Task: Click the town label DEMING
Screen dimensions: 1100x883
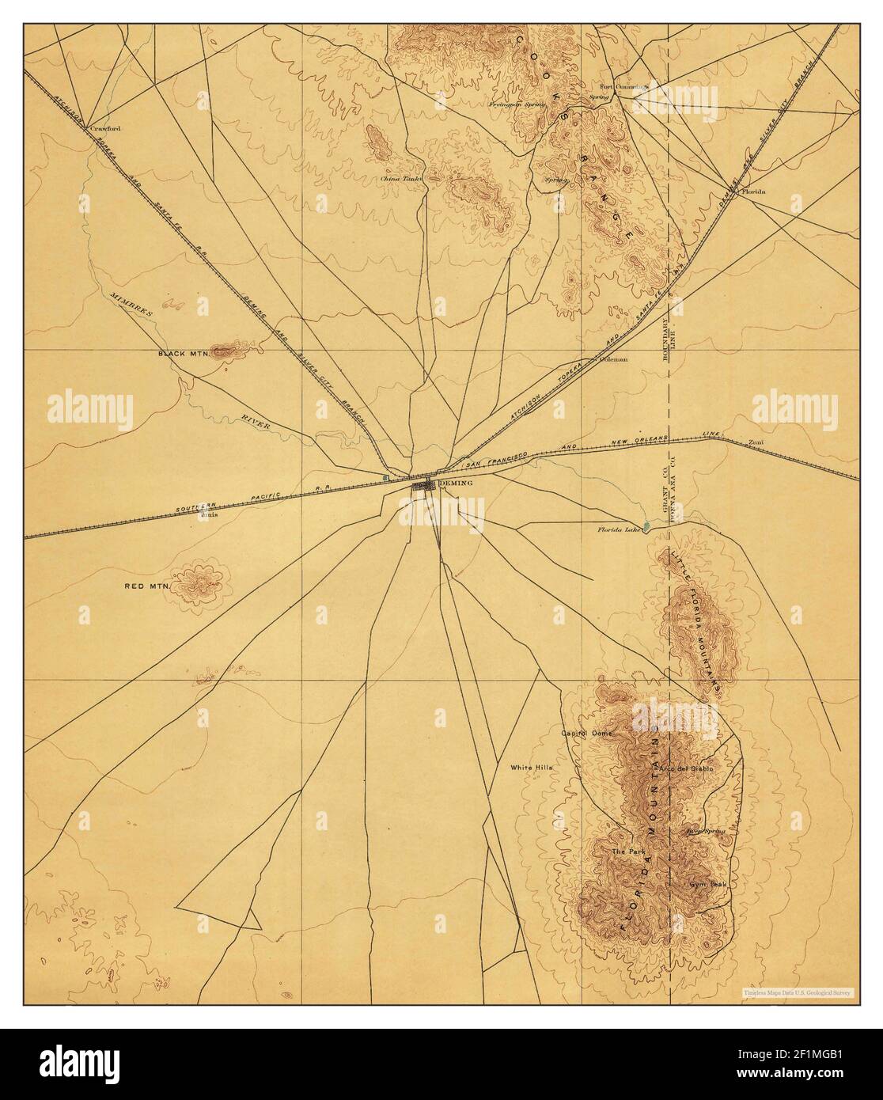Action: pyautogui.click(x=456, y=482)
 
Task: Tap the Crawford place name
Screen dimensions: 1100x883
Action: pyautogui.click(x=107, y=127)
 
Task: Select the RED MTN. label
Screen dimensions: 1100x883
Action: pyautogui.click(x=147, y=586)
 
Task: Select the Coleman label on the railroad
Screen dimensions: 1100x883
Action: pyautogui.click(x=614, y=358)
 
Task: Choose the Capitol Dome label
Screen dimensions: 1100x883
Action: pyautogui.click(x=586, y=734)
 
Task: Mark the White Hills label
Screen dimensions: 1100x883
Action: pyautogui.click(x=531, y=768)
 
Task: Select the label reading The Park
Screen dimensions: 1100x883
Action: pyautogui.click(x=629, y=852)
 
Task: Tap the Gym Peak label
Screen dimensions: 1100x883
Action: pyautogui.click(x=702, y=884)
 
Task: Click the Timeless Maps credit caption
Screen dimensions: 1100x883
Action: pyautogui.click(x=798, y=992)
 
